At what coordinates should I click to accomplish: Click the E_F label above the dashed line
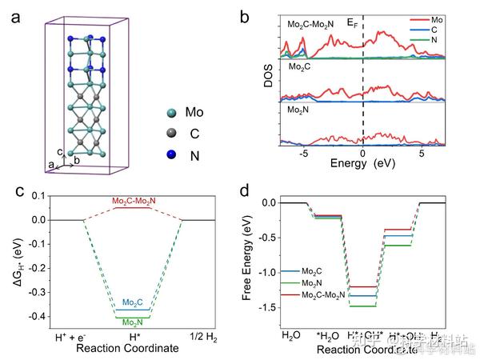point(354,24)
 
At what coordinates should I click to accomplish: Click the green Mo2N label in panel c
point(133,322)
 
